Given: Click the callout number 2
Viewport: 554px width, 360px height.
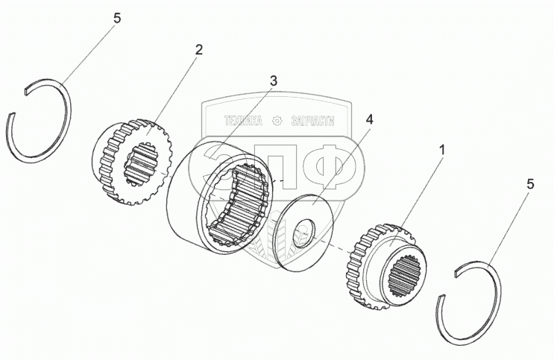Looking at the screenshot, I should point(198,51).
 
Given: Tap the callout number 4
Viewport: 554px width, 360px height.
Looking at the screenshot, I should point(370,119).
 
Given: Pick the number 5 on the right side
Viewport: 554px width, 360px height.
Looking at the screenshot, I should point(529,183).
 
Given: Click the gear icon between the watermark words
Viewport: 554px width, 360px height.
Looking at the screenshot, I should point(277,120).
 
